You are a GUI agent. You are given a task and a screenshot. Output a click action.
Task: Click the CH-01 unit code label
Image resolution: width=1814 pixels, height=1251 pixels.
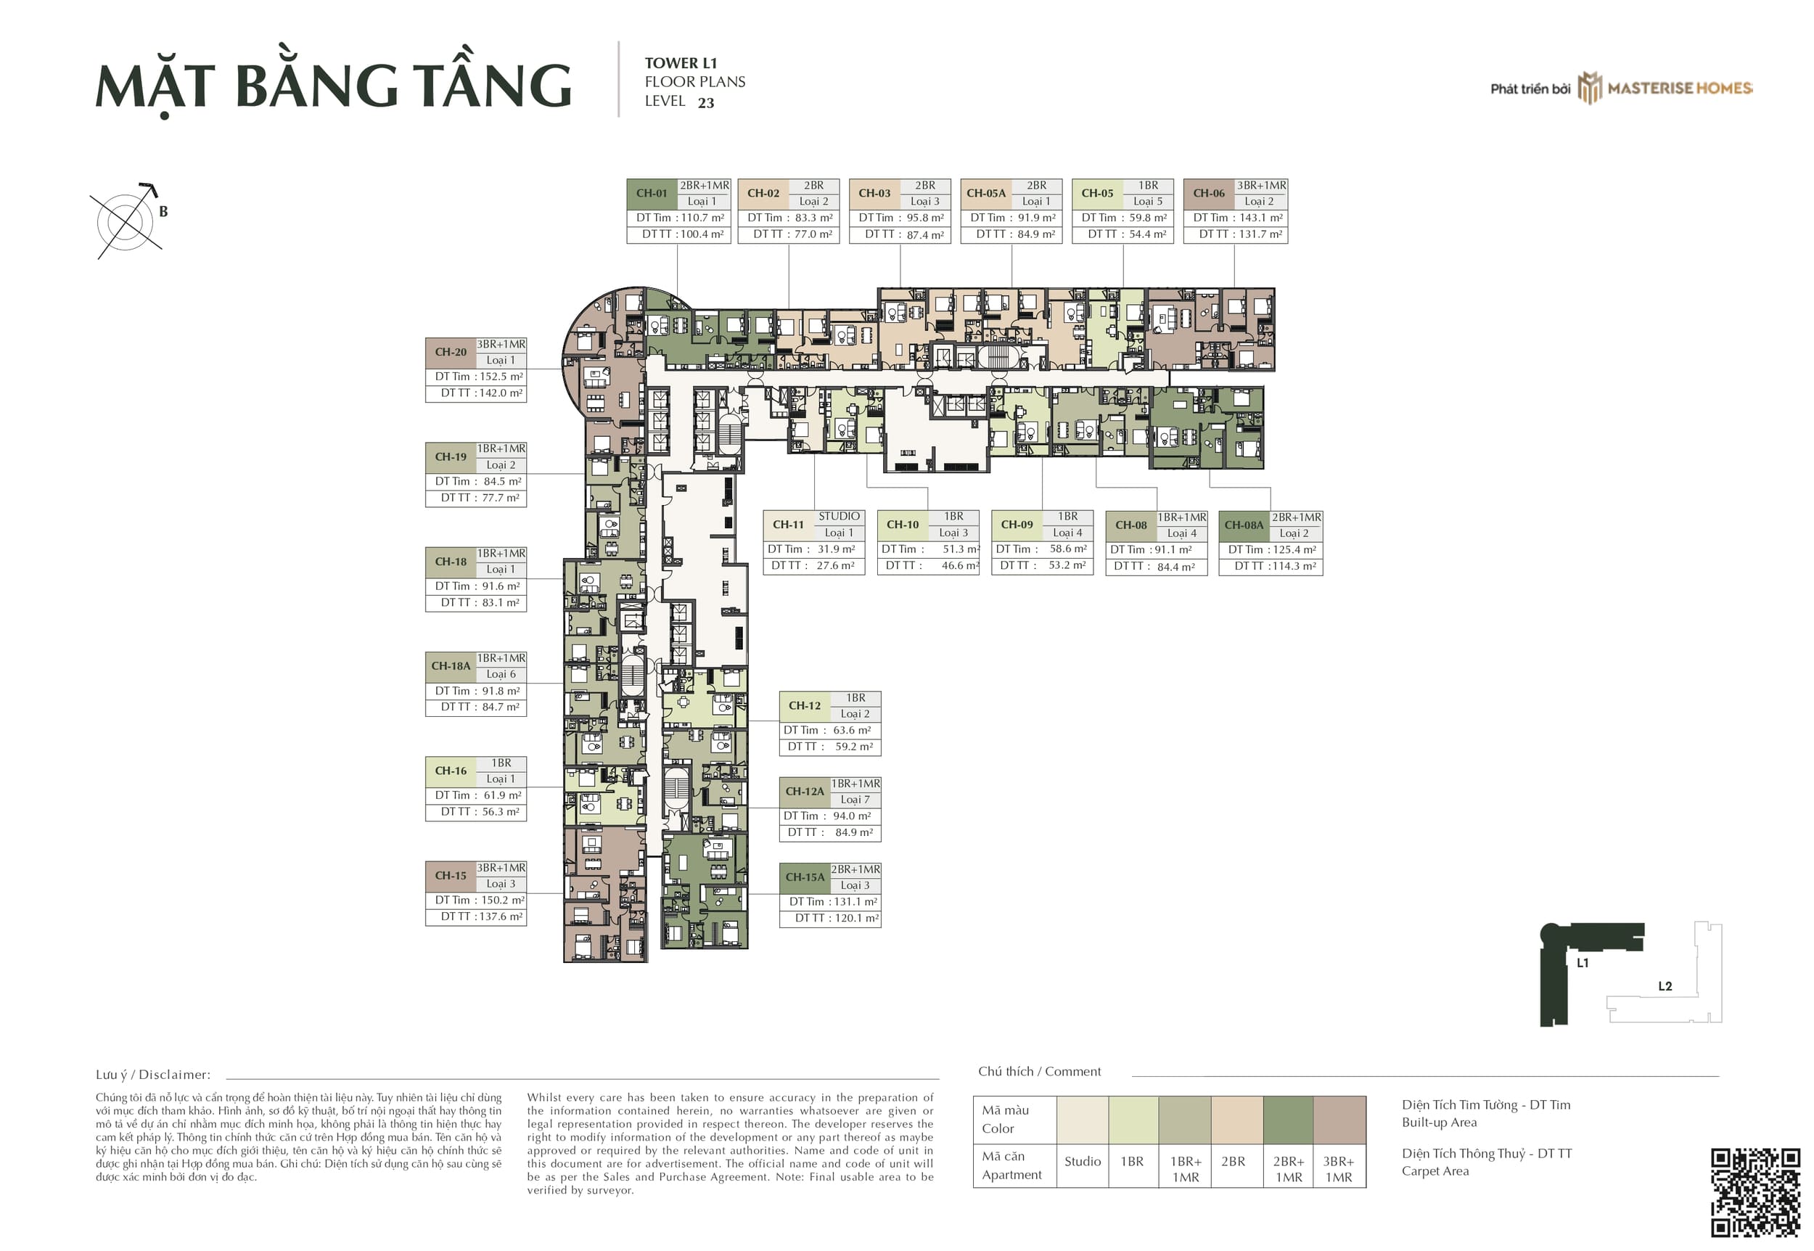[x=651, y=194]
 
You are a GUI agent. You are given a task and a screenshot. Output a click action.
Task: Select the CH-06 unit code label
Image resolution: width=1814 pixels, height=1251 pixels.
[x=1208, y=194]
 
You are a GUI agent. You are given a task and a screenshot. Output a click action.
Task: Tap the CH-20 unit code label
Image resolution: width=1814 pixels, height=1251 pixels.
[x=451, y=353]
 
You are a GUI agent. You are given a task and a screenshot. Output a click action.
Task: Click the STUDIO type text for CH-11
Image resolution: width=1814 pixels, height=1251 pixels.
[x=839, y=517]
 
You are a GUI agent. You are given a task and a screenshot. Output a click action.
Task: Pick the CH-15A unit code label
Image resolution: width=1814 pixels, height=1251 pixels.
[x=805, y=878]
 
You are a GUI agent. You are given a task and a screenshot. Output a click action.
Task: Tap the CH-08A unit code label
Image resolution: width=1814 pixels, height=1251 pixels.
[x=1244, y=526]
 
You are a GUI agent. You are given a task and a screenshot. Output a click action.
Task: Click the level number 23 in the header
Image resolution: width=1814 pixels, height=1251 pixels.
[x=705, y=104]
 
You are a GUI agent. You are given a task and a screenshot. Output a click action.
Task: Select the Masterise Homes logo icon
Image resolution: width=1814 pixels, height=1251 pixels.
[x=1589, y=88]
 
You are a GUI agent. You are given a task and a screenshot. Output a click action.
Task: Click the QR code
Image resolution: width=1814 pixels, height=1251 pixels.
[x=1755, y=1192]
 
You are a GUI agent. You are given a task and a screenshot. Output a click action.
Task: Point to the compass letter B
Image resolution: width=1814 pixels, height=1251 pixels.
[x=163, y=212]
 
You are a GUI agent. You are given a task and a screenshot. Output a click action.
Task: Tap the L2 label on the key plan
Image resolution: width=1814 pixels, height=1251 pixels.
[x=1665, y=986]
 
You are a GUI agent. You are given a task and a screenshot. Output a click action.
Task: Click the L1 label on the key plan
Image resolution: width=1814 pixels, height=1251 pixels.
[x=1582, y=962]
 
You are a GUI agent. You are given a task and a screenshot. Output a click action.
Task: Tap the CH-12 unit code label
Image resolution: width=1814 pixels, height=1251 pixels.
[x=804, y=706]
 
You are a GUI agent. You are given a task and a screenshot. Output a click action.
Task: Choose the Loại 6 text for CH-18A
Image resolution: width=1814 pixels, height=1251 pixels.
[x=501, y=675]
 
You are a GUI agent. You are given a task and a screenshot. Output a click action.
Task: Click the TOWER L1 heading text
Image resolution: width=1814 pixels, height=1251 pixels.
[x=680, y=63]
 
